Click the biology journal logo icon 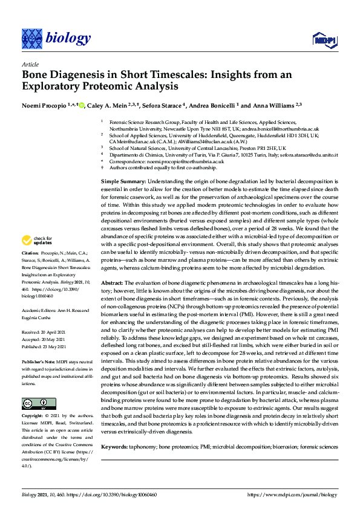click(x=31, y=38)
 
